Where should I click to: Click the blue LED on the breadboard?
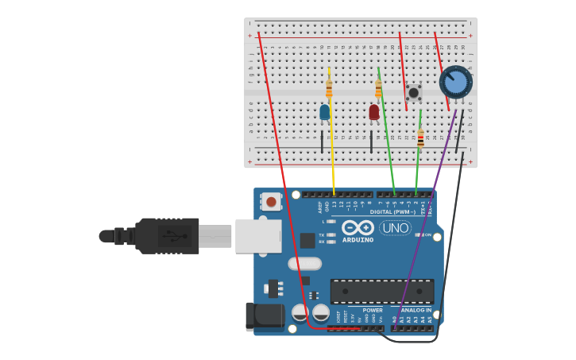(324, 112)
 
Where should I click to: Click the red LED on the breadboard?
(374, 112)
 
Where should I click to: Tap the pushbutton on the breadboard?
(413, 93)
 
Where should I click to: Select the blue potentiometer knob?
(456, 82)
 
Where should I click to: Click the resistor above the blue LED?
(329, 89)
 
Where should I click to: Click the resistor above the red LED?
(378, 89)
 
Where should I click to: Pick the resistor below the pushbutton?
(420, 137)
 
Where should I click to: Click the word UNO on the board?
(395, 228)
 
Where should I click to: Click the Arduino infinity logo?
(358, 227)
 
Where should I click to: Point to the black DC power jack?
(265, 316)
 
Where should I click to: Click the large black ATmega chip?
(382, 291)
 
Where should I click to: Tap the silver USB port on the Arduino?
(258, 236)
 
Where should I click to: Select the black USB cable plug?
(167, 236)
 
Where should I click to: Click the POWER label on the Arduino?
(373, 311)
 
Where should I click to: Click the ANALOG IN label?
(416, 311)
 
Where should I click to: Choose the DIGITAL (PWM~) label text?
(392, 212)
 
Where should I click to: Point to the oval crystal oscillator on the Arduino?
(305, 264)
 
